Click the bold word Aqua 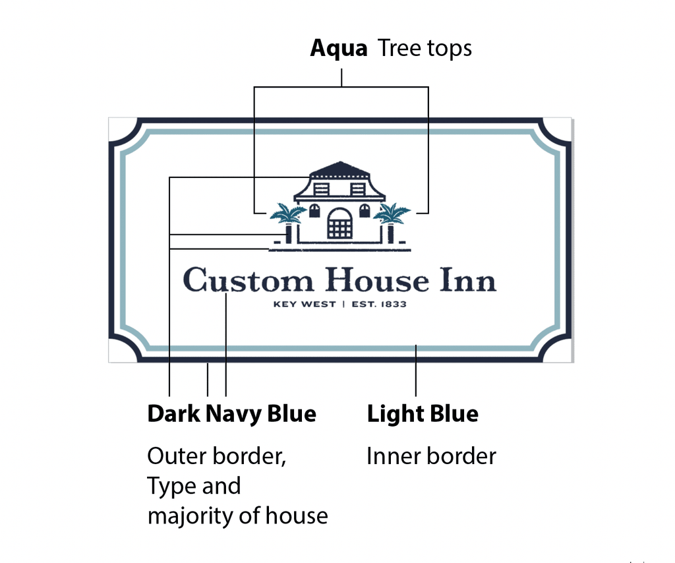(339, 48)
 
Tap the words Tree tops (425, 48)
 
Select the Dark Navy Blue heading (232, 414)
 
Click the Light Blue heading (423, 414)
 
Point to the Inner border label (431, 456)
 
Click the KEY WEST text (305, 305)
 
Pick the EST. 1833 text (379, 305)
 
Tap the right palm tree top (392, 213)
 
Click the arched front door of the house (340, 223)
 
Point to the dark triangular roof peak (340, 168)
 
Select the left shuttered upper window (322, 189)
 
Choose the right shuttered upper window (358, 189)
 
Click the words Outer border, (216, 456)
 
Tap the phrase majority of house (237, 516)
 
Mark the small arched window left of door (314, 211)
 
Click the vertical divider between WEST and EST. (343, 305)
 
